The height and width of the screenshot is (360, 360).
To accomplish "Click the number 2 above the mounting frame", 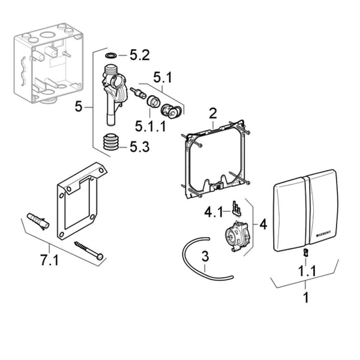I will click(212, 113).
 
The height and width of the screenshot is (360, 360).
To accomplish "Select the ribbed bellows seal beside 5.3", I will click(109, 144).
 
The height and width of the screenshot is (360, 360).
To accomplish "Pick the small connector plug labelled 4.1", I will click(236, 209).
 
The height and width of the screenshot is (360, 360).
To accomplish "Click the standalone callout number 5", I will click(79, 107).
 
